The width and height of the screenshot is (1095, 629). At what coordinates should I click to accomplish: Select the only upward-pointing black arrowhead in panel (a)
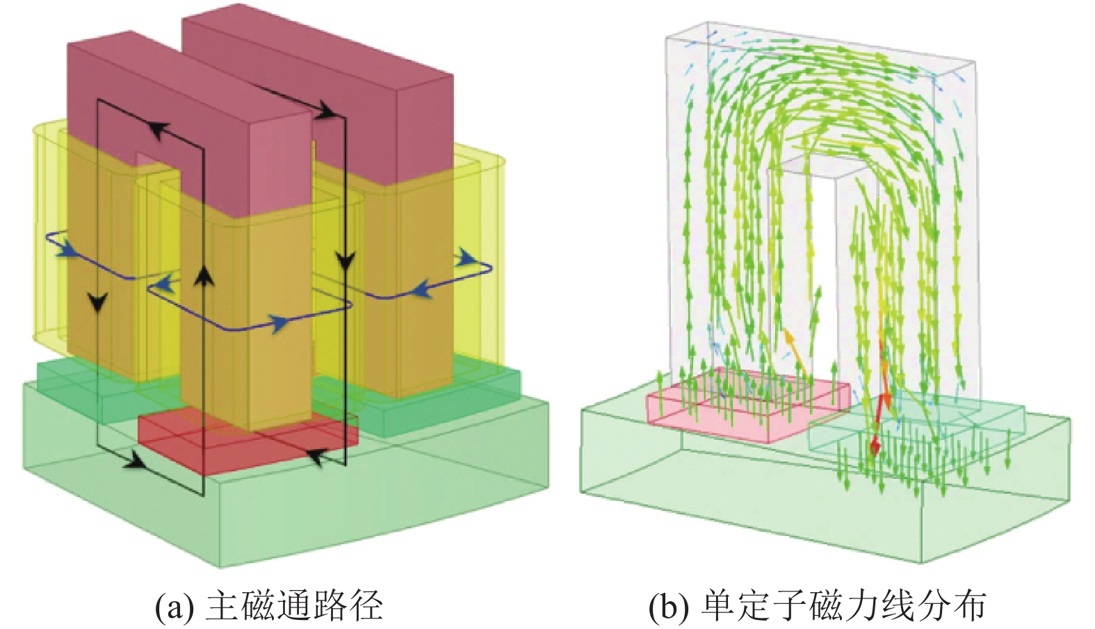pos(203,277)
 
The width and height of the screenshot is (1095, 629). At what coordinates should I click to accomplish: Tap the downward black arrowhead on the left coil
pos(99,302)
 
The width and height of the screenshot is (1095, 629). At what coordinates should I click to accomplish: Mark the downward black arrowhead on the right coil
pos(345,263)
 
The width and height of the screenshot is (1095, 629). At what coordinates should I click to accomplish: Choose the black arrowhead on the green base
pos(133,461)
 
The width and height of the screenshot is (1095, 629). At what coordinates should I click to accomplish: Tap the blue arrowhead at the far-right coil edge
pos(467,259)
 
